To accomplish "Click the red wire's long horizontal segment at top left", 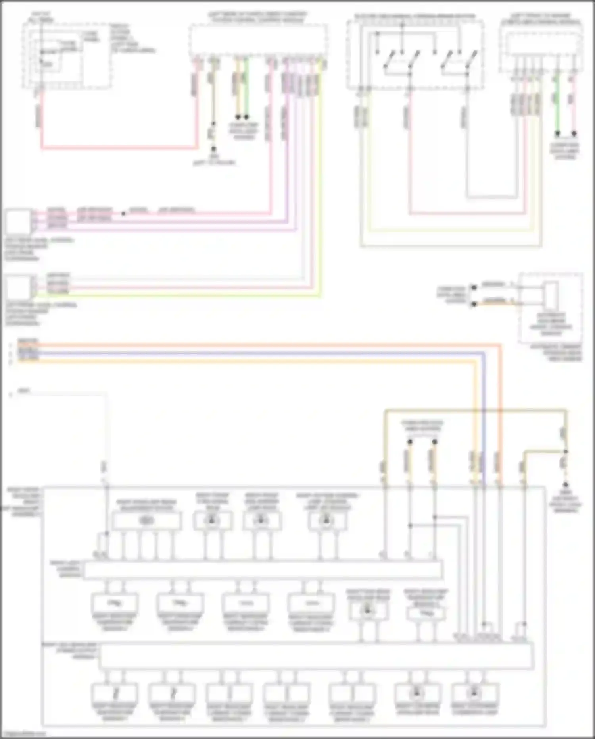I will tap(119, 149).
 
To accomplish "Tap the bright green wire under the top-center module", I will tap(246, 87).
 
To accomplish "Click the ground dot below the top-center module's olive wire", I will tap(213, 149).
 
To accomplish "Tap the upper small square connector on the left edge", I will tap(18, 222).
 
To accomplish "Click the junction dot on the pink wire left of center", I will tap(123, 214).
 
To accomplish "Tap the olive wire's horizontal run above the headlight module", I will tap(476, 410).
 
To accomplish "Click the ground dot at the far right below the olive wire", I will tap(566, 485).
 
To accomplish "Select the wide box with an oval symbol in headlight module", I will tap(147, 521).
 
